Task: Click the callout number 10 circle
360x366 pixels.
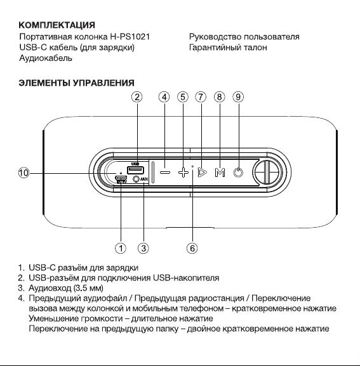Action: [23, 173]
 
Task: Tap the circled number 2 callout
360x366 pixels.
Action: [137, 97]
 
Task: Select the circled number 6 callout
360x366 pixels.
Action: [192, 248]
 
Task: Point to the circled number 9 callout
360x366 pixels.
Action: [238, 97]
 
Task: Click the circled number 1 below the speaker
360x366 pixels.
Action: [121, 248]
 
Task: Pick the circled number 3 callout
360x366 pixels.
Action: [143, 248]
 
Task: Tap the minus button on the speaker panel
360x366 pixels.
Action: [165, 173]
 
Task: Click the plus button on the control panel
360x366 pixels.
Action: [183, 173]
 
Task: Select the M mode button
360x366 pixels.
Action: [220, 173]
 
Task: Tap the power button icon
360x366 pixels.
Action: [238, 173]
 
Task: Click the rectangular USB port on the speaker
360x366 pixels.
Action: [135, 170]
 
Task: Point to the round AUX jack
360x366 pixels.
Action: [136, 179]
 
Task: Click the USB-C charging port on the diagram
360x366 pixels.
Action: [121, 178]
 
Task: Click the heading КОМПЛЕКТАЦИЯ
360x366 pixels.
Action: [57, 25]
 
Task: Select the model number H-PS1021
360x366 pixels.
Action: [130, 37]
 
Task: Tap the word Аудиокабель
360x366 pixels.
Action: [46, 58]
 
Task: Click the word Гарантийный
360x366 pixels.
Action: [215, 48]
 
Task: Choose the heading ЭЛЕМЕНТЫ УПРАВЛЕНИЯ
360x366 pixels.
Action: [76, 83]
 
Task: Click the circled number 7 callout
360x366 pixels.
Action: [201, 97]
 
